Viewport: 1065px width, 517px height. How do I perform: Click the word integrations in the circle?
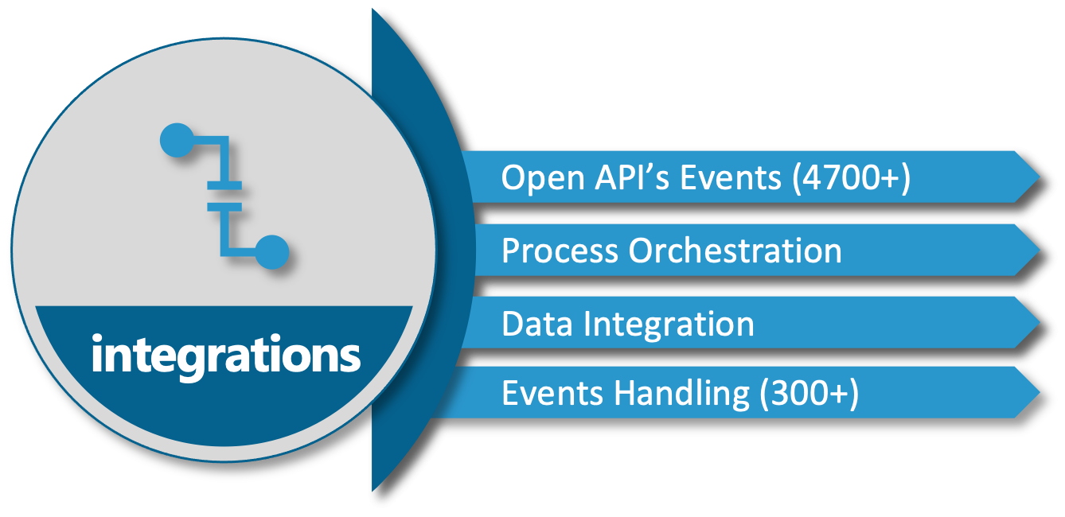coord(226,356)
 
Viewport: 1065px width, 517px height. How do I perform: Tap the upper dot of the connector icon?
coord(176,142)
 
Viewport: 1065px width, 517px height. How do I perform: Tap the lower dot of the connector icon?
coord(272,251)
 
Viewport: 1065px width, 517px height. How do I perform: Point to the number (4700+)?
coord(851,178)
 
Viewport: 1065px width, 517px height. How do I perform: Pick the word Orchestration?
coord(735,251)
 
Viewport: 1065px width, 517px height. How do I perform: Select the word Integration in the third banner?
coord(669,325)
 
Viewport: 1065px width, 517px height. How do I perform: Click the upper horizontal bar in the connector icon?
coord(224,185)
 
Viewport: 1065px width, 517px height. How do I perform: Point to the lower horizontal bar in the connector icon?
coord(224,208)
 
